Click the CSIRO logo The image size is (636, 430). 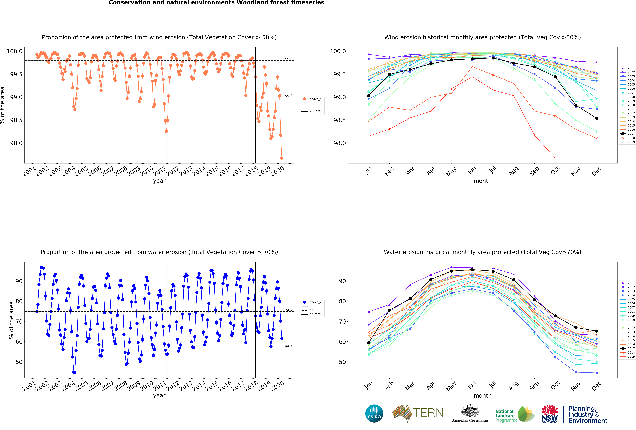tap(374, 413)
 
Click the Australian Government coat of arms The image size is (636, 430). tap(470, 411)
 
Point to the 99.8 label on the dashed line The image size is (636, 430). tap(288, 59)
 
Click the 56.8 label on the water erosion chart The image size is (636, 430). tap(288, 347)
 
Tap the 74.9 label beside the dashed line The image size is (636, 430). tap(288, 310)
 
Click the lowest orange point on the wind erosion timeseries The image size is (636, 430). tap(282, 158)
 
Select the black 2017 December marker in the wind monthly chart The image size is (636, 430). tap(597, 118)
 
